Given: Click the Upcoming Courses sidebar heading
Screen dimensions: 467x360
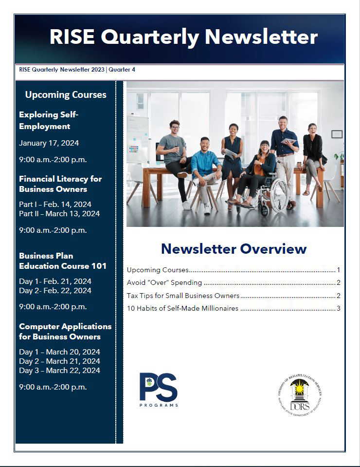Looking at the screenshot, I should coord(66,94).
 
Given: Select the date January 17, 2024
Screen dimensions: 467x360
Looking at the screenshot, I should coord(49,143).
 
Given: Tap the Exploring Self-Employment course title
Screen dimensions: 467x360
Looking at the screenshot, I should coord(49,120).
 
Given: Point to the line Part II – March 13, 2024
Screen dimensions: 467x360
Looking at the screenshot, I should coord(59,213).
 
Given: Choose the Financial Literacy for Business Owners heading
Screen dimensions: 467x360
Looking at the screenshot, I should coord(60,184).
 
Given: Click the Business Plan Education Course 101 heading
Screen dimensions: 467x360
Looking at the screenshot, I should coord(63,261).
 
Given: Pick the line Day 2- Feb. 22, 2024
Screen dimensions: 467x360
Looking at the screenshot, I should coord(55,290).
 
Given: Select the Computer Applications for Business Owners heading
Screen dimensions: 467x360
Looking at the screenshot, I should coord(65,331).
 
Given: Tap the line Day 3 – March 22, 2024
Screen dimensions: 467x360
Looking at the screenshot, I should coord(59,370).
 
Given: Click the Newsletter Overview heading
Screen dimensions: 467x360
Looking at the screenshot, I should coord(234,249).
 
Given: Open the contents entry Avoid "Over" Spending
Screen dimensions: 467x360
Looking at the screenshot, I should coord(164,282).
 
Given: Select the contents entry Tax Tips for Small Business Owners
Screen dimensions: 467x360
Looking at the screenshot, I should coord(183,296).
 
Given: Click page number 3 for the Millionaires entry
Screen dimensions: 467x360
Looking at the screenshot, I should coord(339,308).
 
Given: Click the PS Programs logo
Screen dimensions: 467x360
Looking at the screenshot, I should coord(159,389).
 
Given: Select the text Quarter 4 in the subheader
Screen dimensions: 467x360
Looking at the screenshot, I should coord(122,70).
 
